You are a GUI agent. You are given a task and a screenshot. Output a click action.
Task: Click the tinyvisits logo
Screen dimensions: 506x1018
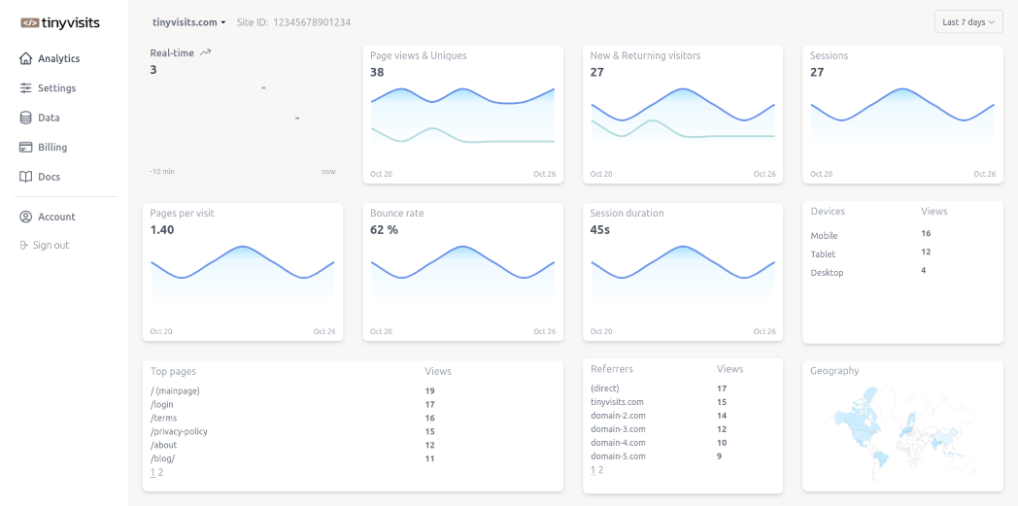coord(59,22)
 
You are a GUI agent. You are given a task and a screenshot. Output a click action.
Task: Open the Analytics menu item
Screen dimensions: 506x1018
coord(58,58)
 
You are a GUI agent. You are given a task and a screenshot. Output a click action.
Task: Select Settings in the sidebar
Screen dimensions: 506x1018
coord(56,88)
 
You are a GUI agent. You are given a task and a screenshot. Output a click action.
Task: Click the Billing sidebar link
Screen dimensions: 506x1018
coord(52,148)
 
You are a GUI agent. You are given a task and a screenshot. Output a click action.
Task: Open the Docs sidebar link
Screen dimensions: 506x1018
coord(49,177)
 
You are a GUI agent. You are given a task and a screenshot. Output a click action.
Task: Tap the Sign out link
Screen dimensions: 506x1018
coord(51,246)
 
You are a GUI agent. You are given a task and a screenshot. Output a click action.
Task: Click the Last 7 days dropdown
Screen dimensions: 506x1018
coord(968,22)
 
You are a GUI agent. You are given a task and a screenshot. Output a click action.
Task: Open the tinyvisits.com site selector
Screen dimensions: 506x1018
coord(188,22)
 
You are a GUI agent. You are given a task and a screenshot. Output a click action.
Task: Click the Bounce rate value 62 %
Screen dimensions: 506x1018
coord(385,230)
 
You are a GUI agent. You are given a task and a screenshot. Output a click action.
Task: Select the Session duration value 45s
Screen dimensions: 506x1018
coord(600,230)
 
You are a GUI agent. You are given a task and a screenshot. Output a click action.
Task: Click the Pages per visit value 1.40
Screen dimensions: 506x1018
coord(162,230)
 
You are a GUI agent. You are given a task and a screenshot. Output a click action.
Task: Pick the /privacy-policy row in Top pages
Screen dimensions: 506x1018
coord(179,431)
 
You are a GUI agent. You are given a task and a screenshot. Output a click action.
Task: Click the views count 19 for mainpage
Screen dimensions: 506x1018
coord(429,390)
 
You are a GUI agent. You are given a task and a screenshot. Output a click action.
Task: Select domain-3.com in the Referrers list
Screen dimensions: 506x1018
coord(617,429)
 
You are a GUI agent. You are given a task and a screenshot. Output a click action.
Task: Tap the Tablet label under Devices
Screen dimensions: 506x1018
coord(823,254)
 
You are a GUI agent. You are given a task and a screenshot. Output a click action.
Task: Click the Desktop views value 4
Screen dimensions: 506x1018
coord(924,270)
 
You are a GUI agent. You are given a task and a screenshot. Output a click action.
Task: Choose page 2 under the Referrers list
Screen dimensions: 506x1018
coord(600,470)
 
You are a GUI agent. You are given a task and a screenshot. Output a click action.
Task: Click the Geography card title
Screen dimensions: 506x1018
coord(834,371)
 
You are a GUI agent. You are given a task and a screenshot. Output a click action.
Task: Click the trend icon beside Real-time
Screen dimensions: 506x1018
coord(205,52)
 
